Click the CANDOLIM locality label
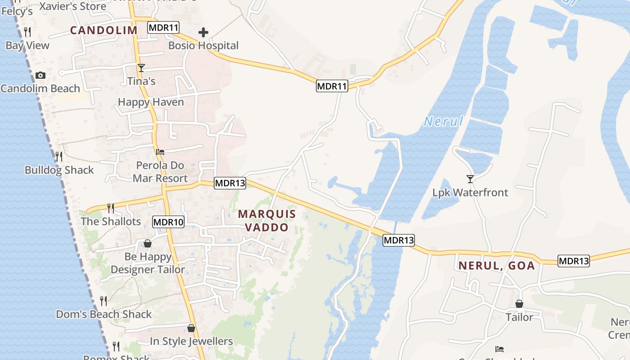tap(103, 30)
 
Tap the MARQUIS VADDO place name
tap(267, 220)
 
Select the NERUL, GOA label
tap(497, 265)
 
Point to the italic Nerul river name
tap(443, 121)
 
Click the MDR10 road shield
tap(168, 222)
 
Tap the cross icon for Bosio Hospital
tap(203, 32)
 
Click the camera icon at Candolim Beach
tap(40, 75)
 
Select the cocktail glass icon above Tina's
tap(141, 68)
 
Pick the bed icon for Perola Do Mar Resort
tap(160, 152)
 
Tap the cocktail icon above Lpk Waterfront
tap(470, 179)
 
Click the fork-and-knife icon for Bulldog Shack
tap(59, 157)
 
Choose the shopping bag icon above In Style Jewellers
tap(191, 328)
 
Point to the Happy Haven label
tap(151, 102)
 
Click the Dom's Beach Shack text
tap(103, 314)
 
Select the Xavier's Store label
tap(73, 6)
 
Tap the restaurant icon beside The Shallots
tap(111, 208)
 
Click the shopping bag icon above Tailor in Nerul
tap(519, 304)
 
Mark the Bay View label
tap(27, 45)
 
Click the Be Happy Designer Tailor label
tap(148, 263)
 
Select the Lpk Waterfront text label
tap(470, 193)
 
